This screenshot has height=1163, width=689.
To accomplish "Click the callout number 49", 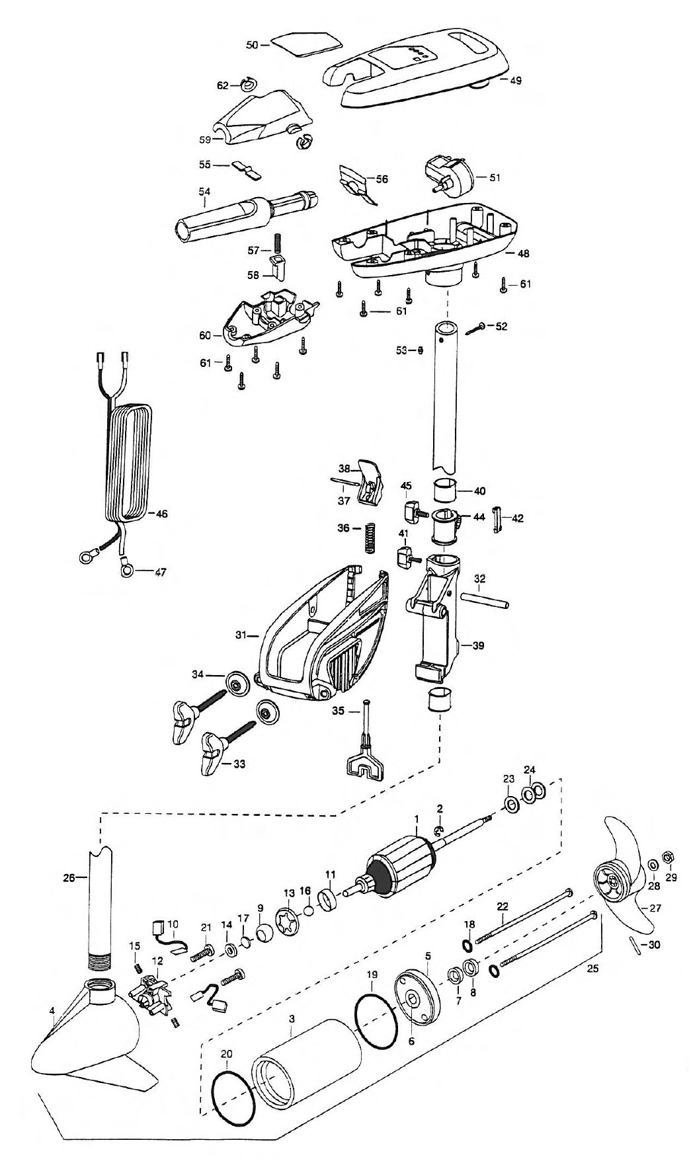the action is [x=514, y=80].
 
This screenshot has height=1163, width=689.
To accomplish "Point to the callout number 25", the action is [x=595, y=968].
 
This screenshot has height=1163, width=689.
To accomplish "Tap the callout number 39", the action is [x=477, y=645].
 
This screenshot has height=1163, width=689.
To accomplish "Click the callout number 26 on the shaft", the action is [x=68, y=878].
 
